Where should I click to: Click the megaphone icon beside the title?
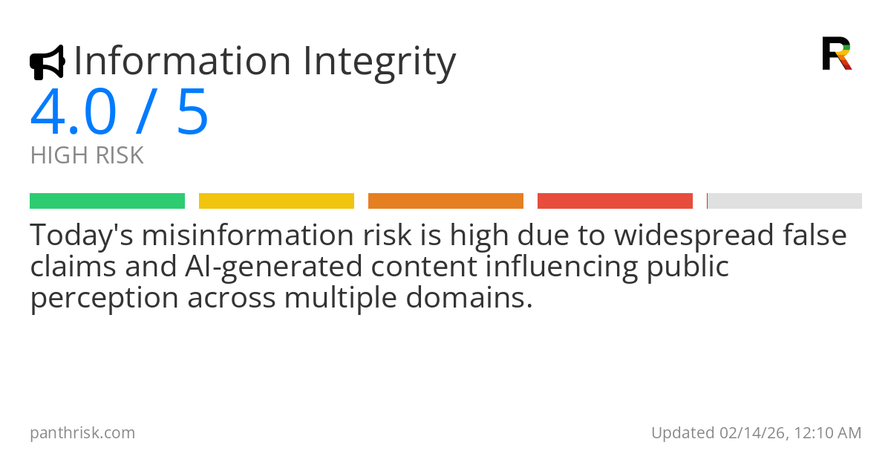pos(47,62)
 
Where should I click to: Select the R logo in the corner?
pos(836,53)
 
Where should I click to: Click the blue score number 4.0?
pos(74,112)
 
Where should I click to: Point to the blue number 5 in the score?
pos(192,112)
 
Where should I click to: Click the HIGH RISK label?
pos(87,156)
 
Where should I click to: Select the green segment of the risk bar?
pos(107,201)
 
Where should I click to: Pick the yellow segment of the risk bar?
pos(276,201)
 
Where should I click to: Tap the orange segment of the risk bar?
pos(446,201)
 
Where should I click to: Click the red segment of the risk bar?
pos(615,201)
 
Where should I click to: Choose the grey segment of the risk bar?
pos(785,201)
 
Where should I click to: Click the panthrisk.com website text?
pos(82,432)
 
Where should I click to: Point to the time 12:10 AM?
pos(828,432)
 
